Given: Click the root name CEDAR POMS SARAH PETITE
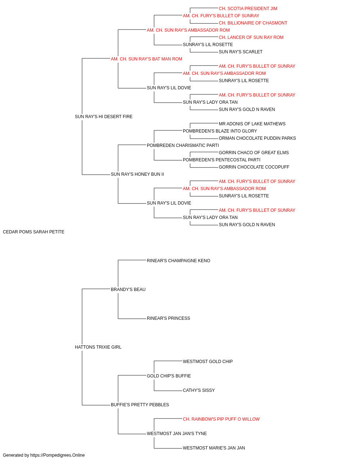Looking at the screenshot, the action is [33, 232].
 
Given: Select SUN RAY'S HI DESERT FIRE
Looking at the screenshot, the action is [104, 117].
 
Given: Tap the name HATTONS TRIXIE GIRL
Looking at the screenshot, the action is [98, 347].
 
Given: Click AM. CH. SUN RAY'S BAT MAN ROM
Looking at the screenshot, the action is [147, 59].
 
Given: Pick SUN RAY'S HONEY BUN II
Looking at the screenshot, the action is [138, 174].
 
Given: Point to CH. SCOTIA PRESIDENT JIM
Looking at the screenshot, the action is [248, 9].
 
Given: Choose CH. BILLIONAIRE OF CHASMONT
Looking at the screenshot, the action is [253, 23].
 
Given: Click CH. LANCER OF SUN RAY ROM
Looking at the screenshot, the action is [251, 37].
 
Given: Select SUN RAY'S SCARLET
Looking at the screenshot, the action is [240, 52].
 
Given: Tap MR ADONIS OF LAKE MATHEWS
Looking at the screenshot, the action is [252, 124].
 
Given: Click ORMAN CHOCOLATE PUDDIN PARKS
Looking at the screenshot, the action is [257, 138].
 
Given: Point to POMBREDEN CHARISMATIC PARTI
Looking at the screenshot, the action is [183, 145].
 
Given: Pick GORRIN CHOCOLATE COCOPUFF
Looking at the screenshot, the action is [254, 167].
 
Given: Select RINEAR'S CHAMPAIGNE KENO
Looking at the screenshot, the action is [179, 260].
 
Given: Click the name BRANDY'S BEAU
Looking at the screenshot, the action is [128, 289].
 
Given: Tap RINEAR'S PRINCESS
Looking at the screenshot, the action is [168, 318].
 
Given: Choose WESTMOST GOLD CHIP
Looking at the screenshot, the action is [208, 362].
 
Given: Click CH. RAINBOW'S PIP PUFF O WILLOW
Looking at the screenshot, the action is [221, 419].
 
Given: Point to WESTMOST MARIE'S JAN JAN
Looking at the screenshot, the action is [214, 448].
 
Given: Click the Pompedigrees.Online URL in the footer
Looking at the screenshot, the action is [58, 455].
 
